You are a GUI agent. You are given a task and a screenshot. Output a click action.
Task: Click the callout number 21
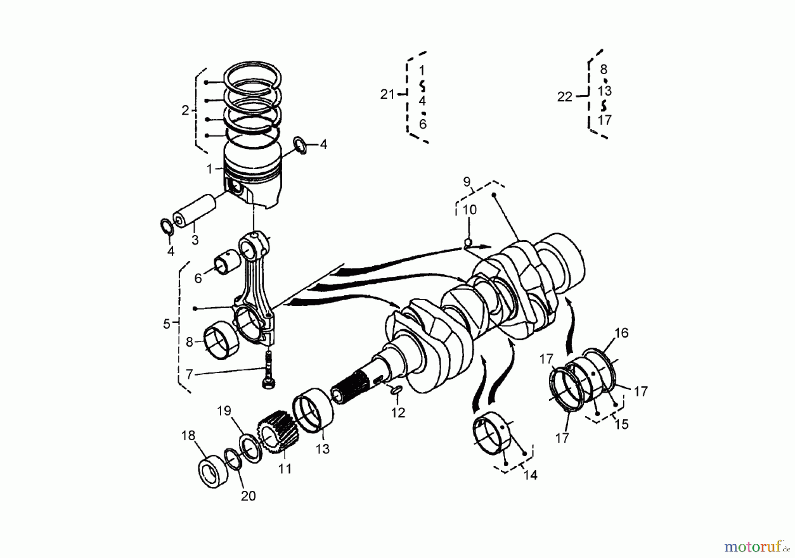tap(387, 94)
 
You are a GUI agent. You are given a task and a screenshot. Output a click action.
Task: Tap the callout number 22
tap(564, 97)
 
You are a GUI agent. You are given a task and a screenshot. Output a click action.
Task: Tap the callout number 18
tap(188, 436)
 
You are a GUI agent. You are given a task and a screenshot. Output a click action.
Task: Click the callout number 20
tap(248, 496)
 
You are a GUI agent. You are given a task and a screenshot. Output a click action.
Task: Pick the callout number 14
tap(530, 475)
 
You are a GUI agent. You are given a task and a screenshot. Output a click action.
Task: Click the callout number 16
tap(621, 333)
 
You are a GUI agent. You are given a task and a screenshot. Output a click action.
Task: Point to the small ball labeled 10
tap(469, 242)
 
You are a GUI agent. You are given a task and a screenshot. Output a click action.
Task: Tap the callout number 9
tap(467, 181)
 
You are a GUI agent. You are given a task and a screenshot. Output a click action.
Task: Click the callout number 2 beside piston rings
tap(185, 110)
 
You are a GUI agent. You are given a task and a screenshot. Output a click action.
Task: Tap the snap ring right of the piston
tap(300, 146)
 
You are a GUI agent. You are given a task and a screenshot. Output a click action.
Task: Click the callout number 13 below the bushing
tap(322, 449)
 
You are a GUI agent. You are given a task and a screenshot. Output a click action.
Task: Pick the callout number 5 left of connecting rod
tap(167, 324)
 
